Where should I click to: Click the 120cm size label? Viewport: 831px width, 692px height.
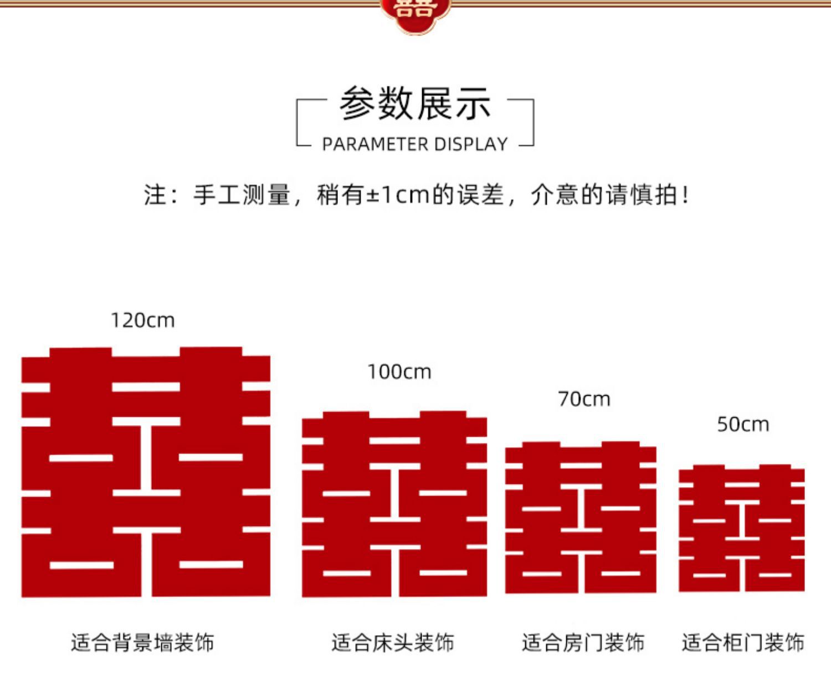(x=142, y=321)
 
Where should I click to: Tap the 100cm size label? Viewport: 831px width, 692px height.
(x=399, y=372)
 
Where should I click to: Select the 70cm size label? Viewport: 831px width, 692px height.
(x=584, y=399)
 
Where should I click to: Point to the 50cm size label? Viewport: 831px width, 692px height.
(x=743, y=425)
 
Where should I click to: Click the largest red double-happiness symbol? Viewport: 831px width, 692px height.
(x=146, y=472)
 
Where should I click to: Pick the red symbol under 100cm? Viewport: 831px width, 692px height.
(x=394, y=504)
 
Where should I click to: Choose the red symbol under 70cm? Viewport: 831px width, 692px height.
(x=581, y=518)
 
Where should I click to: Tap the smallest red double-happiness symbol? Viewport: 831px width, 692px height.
(x=741, y=528)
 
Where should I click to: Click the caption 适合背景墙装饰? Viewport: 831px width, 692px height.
(x=142, y=643)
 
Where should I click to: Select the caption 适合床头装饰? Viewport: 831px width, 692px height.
(x=393, y=643)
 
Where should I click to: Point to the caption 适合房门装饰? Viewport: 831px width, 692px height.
(x=583, y=643)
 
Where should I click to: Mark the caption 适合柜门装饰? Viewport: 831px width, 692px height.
(x=743, y=643)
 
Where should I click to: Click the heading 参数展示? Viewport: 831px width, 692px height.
(x=415, y=104)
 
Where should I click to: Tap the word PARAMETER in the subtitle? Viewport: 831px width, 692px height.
(x=375, y=144)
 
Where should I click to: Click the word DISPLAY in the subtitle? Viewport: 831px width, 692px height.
(x=471, y=144)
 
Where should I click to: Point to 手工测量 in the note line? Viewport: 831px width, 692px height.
(x=242, y=195)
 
